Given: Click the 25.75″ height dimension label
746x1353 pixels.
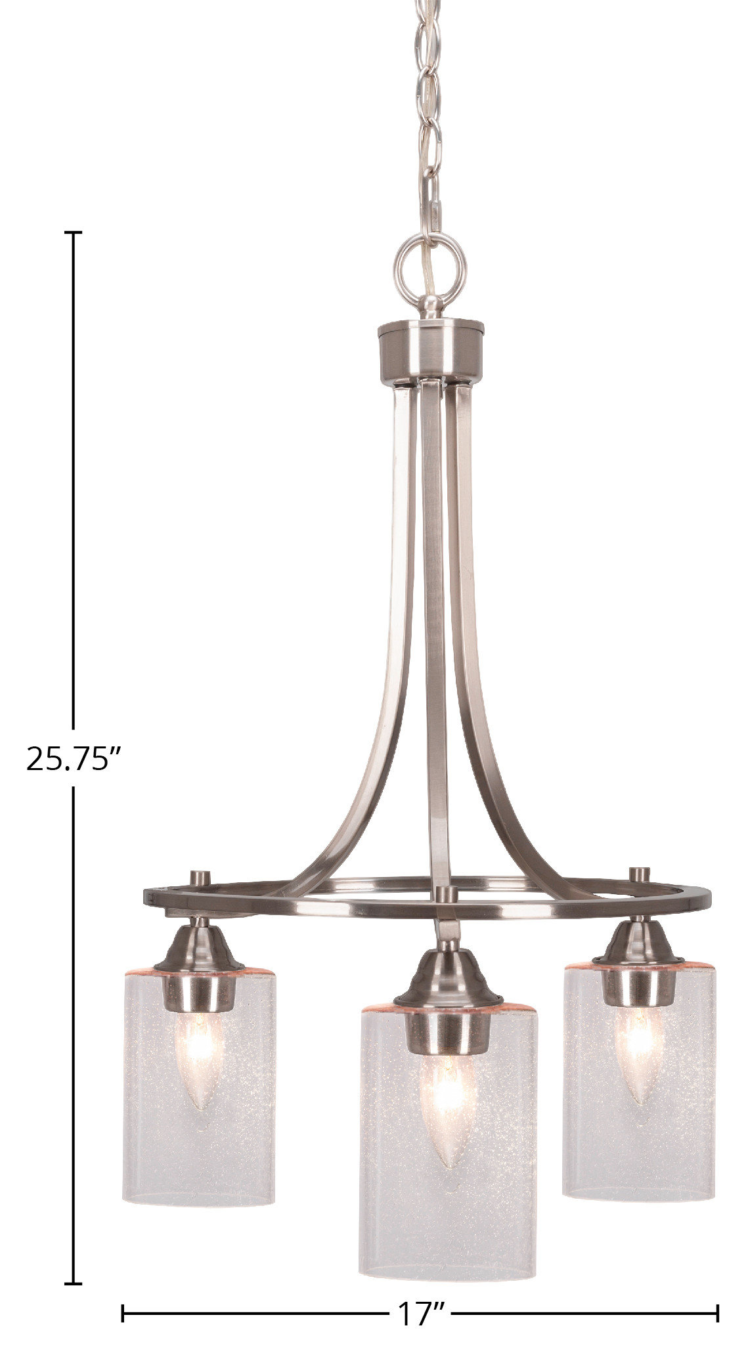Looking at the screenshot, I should pos(74,759).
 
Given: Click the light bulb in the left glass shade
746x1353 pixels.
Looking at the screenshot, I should pos(200,1045).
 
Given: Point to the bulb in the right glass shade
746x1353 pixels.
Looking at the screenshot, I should pos(637,1044).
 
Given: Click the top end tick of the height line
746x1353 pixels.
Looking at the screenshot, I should pos(73,232).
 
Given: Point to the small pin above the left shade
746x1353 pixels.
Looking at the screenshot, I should pos(198,878).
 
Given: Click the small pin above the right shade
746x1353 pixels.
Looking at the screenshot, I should pos(638,875).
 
